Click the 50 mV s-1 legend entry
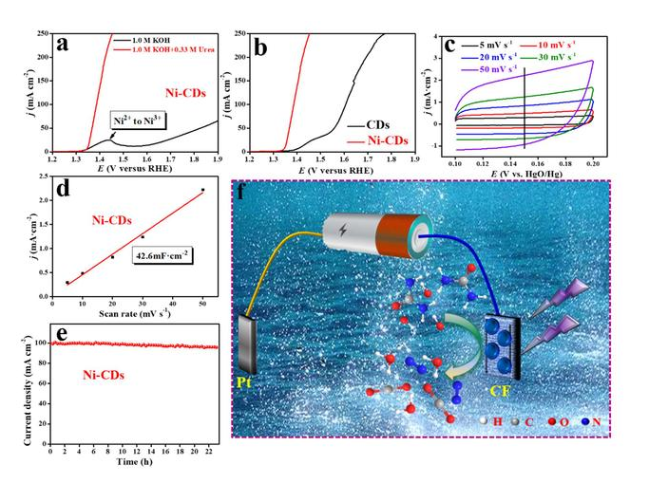click(x=495, y=69)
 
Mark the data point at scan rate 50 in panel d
click(x=202, y=190)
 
